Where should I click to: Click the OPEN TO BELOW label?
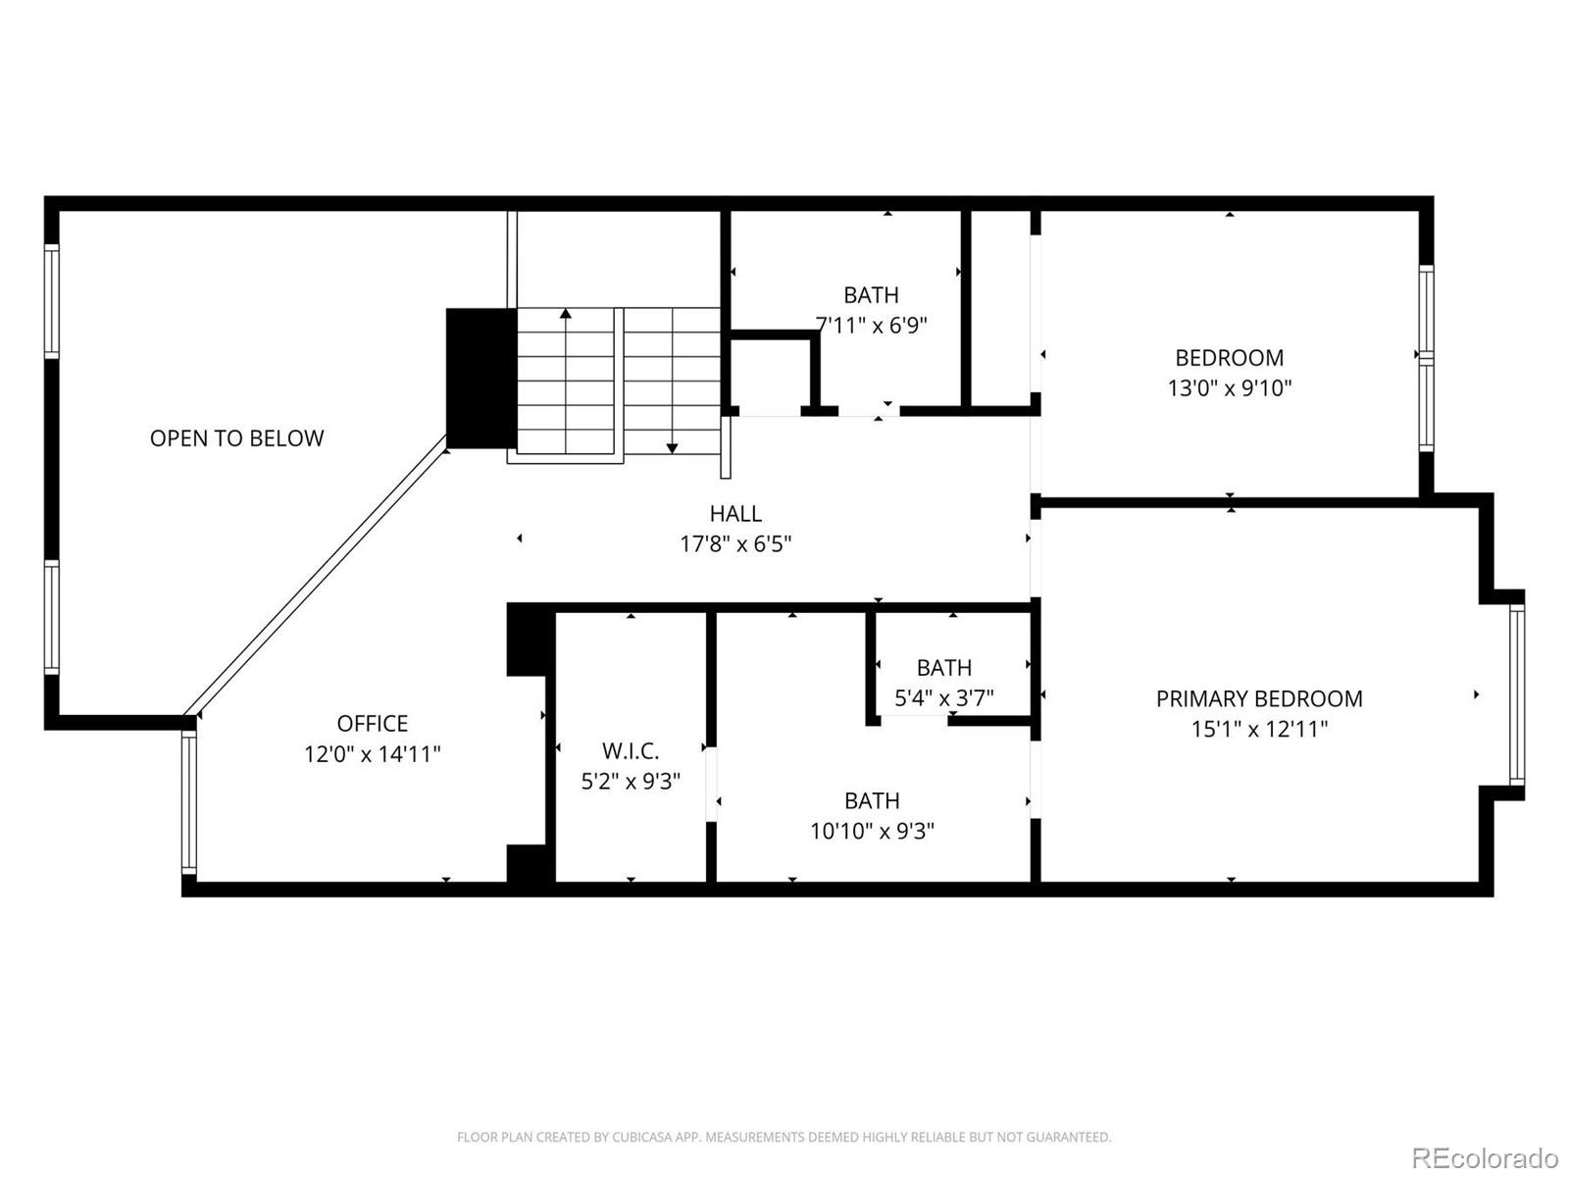pos(236,438)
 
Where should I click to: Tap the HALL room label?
pos(735,513)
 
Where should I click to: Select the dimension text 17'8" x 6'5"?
pos(735,543)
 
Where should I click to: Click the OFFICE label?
pos(372,724)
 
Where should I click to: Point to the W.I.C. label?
pos(630,751)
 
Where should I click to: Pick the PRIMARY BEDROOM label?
pos(1258,698)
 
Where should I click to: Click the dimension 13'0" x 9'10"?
pos(1229,387)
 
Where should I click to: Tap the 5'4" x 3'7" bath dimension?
pos(943,697)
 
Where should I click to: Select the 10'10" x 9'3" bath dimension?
pos(872,831)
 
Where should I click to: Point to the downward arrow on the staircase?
pos(672,446)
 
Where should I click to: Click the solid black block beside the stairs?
pos(481,379)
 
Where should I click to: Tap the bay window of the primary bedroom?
pos(1517,694)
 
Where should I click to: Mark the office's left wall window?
pos(189,802)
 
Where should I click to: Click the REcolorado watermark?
pos(1484,1157)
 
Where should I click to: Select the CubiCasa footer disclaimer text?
pos(784,1137)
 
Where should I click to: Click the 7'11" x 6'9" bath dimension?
pos(872,325)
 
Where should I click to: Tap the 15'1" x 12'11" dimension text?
pos(1258,729)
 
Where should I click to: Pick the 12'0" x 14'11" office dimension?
pos(372,754)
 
